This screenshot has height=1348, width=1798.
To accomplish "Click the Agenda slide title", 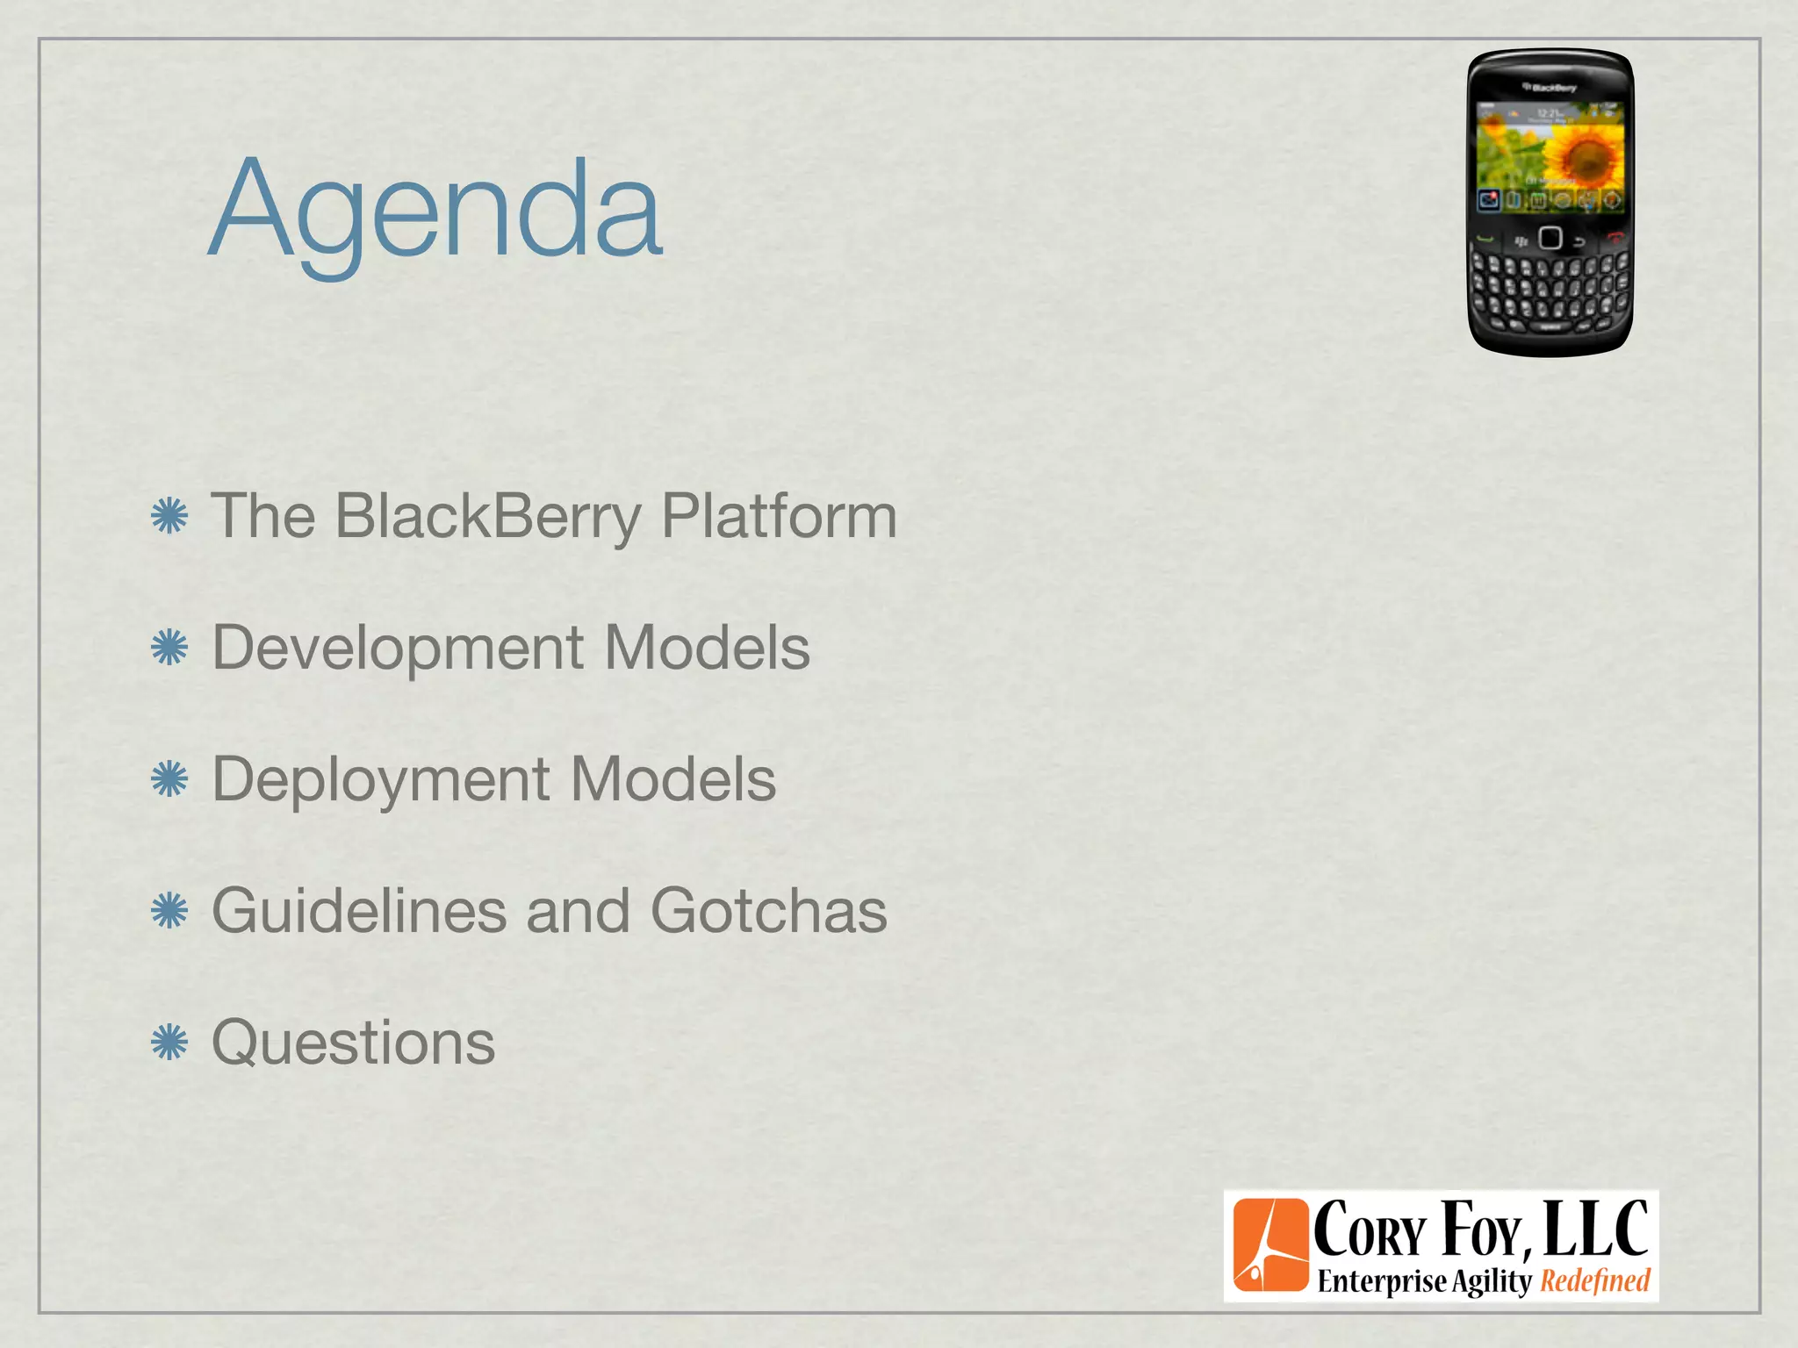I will click(436, 211).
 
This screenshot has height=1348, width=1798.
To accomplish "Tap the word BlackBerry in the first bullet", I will click(488, 516).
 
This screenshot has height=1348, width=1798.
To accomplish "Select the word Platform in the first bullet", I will click(778, 516).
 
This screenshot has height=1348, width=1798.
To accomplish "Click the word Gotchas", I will click(769, 911).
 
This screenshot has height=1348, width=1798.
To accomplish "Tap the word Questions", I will click(354, 1043).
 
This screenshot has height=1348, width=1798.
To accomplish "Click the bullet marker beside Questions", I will click(169, 1043).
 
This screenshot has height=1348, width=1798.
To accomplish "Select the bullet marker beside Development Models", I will click(169, 649).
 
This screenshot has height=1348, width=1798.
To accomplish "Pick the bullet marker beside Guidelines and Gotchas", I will click(169, 911).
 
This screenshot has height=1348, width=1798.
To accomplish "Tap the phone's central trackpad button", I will click(1550, 238).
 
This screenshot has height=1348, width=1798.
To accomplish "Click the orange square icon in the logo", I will click(1269, 1244).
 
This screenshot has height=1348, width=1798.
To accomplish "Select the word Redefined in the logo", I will click(1595, 1280).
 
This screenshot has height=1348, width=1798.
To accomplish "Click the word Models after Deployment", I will click(673, 779).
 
